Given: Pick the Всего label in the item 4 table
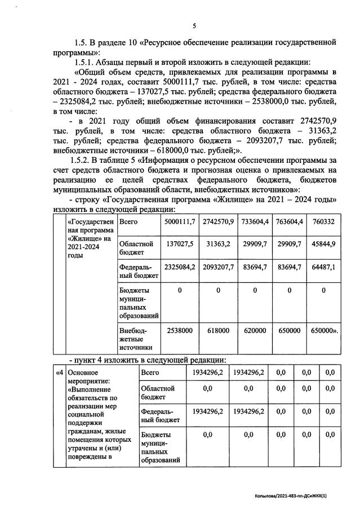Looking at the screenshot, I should coord(150,372).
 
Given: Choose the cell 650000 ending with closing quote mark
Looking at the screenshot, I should coord(325,332).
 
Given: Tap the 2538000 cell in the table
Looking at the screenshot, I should coord(179,332).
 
